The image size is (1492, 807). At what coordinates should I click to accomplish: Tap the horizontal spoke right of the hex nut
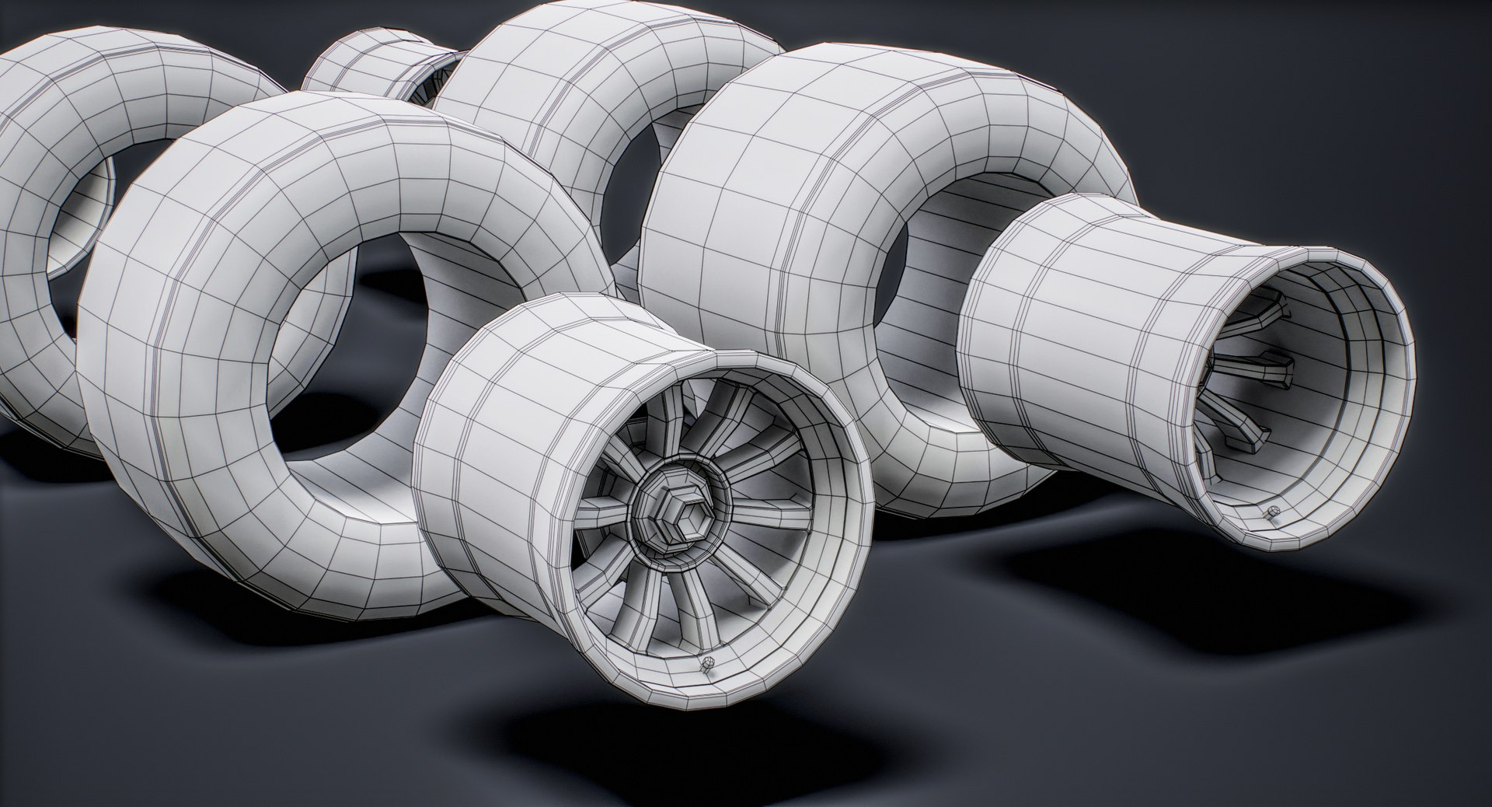(x=758, y=509)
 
